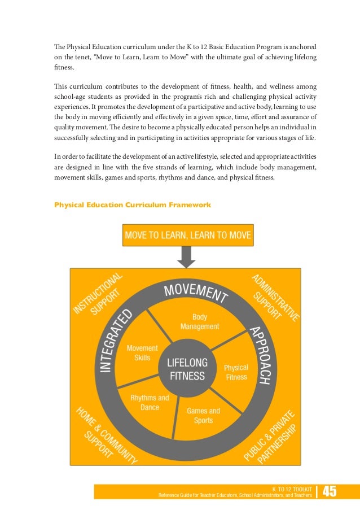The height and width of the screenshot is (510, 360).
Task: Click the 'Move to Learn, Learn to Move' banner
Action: tap(188, 235)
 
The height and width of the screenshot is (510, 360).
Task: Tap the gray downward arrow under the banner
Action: tap(187, 257)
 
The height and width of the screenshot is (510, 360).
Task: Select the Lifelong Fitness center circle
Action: tap(186, 368)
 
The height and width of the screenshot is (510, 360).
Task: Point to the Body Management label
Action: tap(199, 322)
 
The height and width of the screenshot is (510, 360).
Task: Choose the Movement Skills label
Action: tap(142, 353)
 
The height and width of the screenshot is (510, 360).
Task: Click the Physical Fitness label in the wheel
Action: tap(236, 372)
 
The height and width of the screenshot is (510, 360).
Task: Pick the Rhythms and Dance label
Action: tap(150, 402)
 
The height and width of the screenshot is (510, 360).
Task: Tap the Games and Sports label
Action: tap(203, 415)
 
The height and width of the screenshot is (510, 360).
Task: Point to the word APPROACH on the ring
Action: tap(258, 356)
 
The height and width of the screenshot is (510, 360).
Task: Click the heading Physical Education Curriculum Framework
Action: tap(133, 204)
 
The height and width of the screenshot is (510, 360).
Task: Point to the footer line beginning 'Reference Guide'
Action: tap(235, 495)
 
